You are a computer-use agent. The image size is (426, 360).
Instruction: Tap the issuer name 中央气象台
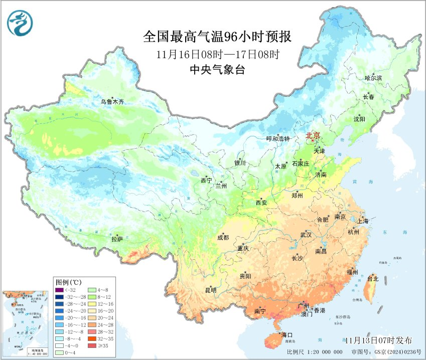tap(217, 70)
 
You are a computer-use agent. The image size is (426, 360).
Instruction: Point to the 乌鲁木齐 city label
tap(111, 101)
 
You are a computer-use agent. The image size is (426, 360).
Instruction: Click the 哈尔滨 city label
tap(373, 78)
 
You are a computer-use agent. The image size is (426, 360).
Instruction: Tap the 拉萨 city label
tap(117, 240)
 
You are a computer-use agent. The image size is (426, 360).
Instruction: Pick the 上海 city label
tap(362, 221)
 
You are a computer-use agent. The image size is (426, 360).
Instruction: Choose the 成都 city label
tap(223, 238)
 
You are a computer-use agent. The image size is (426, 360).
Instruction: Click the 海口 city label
tap(287, 334)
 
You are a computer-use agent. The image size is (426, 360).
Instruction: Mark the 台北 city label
tap(372, 278)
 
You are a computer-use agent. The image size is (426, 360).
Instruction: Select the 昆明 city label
tap(210, 290)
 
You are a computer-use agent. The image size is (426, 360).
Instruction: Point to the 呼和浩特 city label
tap(277, 138)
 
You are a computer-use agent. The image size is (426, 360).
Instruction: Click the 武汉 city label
tap(306, 235)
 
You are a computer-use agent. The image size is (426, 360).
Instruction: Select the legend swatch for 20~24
tap(93, 318)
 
